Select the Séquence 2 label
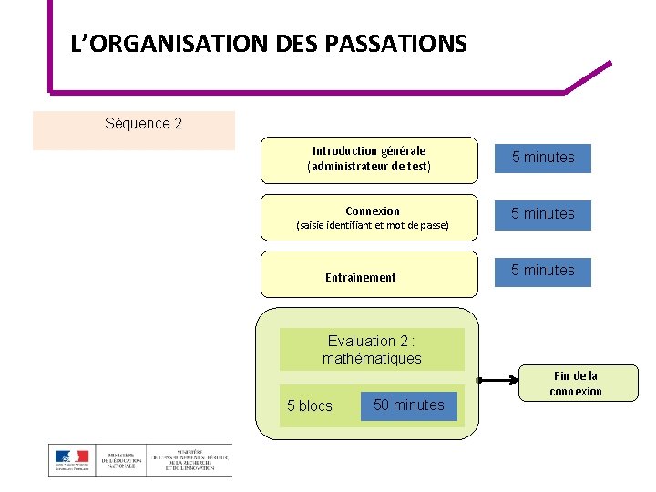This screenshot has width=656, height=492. tap(143, 123)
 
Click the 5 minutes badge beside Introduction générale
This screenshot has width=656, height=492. tap(542, 158)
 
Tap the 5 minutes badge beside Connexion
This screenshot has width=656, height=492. tap(542, 214)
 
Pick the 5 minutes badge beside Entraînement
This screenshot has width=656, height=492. tap(542, 271)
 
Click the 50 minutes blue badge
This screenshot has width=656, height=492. tap(408, 405)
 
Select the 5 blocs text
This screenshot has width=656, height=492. tap(310, 406)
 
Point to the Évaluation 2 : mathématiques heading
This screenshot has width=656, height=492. tap(372, 349)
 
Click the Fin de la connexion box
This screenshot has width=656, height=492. tap(576, 383)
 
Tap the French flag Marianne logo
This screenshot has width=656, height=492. tap(71, 460)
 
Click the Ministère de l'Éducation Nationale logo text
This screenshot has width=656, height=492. tap(124, 460)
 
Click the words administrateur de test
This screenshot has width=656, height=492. tap(369, 168)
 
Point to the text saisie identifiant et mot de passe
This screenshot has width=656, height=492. tap(373, 225)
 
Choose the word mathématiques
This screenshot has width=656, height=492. tap(372, 359)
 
